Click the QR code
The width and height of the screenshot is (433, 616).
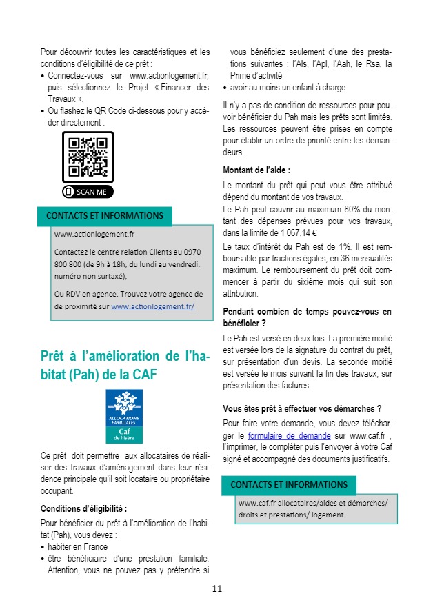coord(88,157)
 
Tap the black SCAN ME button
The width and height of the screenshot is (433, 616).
coord(88,191)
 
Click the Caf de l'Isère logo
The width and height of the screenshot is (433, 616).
coord(125,416)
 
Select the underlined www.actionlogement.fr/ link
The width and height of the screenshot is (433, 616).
coord(152,306)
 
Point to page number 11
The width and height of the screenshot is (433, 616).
coord(216,588)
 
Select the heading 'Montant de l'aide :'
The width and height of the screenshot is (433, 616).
coord(256,170)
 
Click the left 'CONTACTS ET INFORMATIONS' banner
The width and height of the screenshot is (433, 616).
coord(105,216)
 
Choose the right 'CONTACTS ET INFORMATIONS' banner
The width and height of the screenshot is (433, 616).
coord(289,485)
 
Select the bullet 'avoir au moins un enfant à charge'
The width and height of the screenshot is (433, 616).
coord(289,88)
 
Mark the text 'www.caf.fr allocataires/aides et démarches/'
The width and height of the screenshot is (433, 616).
coord(313,502)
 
